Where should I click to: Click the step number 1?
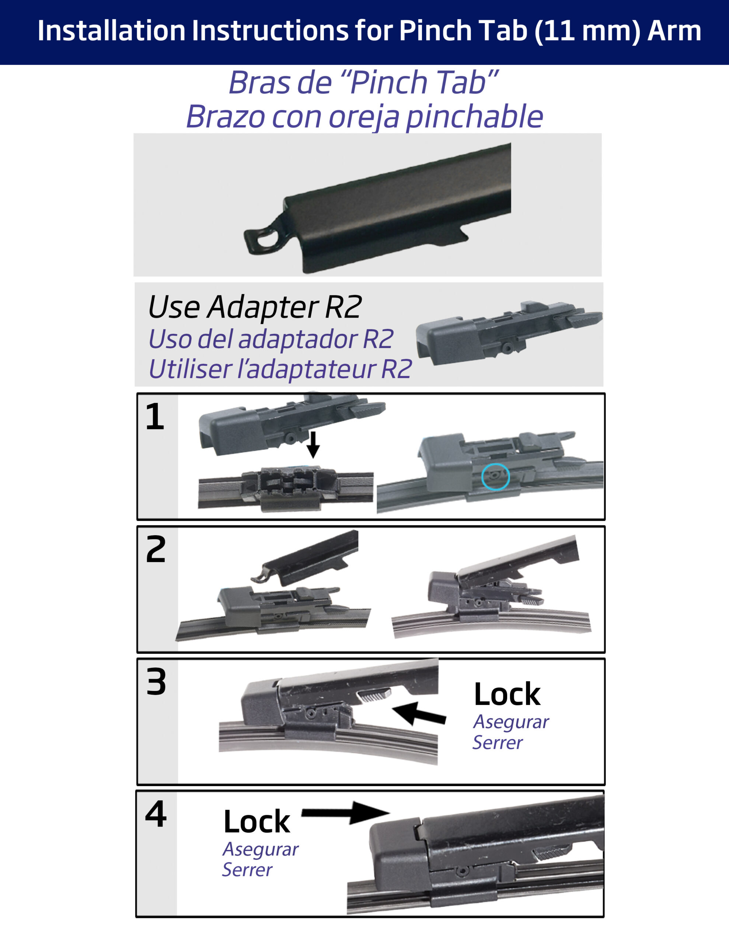(155, 416)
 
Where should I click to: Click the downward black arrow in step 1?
(313, 444)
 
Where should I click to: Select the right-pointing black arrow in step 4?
(346, 813)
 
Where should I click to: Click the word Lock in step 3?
(507, 694)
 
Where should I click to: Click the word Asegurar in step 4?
(261, 850)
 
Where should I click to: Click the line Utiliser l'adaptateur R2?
(280, 369)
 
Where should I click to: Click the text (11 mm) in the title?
(587, 31)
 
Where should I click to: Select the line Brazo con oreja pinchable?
(364, 116)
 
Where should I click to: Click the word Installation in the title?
(112, 31)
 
